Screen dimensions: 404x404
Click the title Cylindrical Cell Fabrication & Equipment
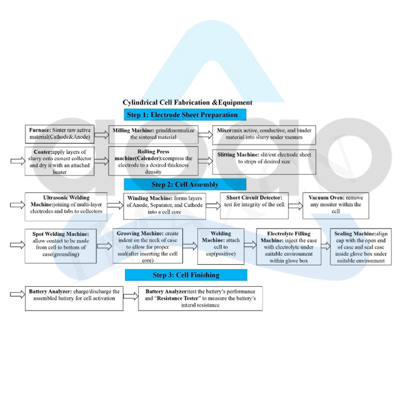click(187, 103)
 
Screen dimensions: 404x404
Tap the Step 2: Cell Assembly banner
click(185, 185)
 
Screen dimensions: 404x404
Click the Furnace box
click(59, 134)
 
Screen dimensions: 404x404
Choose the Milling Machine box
click(153, 134)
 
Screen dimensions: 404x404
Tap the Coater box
click(59, 161)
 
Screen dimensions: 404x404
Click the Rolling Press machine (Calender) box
click(153, 161)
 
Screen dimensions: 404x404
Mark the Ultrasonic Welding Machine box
click(66, 205)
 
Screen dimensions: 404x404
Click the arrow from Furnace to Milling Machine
click(102, 134)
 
